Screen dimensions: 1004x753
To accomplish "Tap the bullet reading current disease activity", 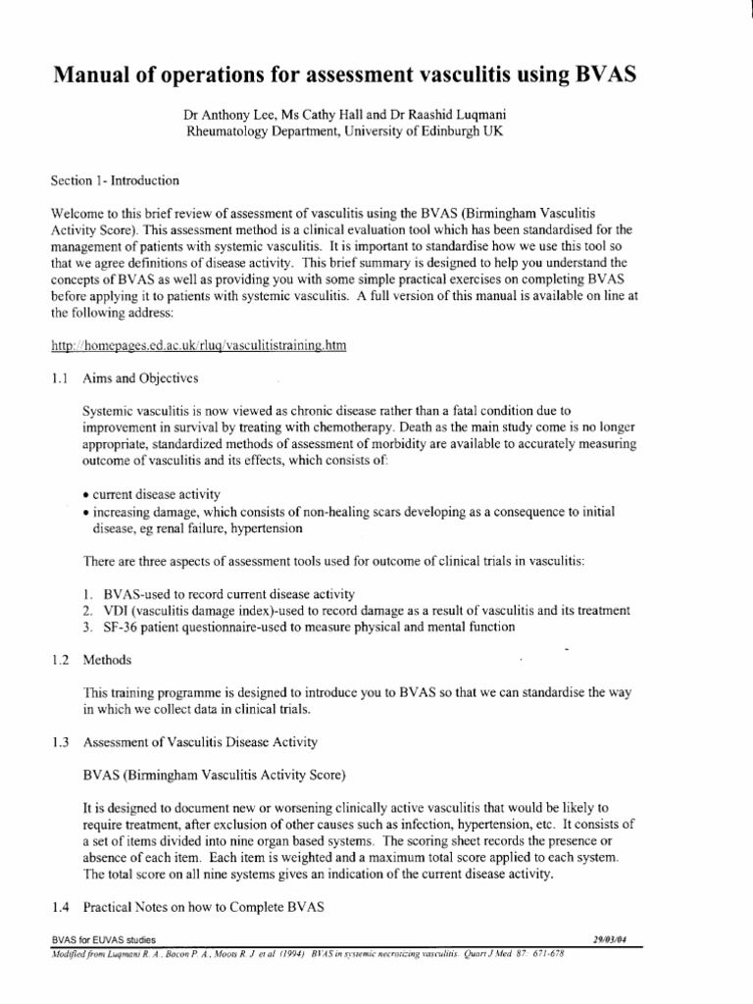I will [152, 492].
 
